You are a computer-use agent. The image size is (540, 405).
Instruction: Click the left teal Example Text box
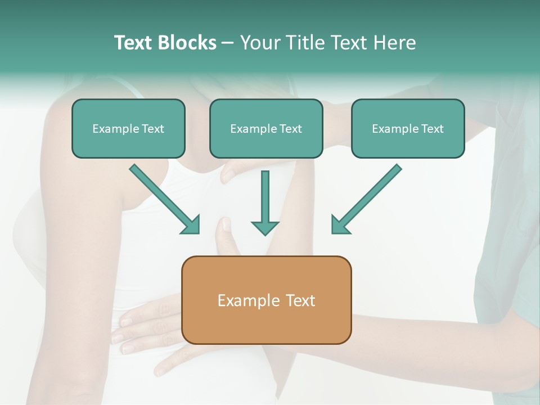point(128,128)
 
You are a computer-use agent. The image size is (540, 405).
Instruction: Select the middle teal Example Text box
point(266,128)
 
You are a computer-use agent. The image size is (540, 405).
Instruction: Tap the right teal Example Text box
point(408,128)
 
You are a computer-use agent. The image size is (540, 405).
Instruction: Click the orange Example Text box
point(266,300)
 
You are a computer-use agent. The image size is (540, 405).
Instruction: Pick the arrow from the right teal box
point(366,199)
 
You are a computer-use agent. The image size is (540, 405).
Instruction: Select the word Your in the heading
point(259,43)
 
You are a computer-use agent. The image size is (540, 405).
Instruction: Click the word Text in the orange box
point(300,300)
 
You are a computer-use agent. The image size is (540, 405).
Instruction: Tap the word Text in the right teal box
point(432,129)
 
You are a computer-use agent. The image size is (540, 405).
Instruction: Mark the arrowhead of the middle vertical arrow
point(265,227)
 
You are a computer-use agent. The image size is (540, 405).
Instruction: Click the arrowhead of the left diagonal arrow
point(192,224)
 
